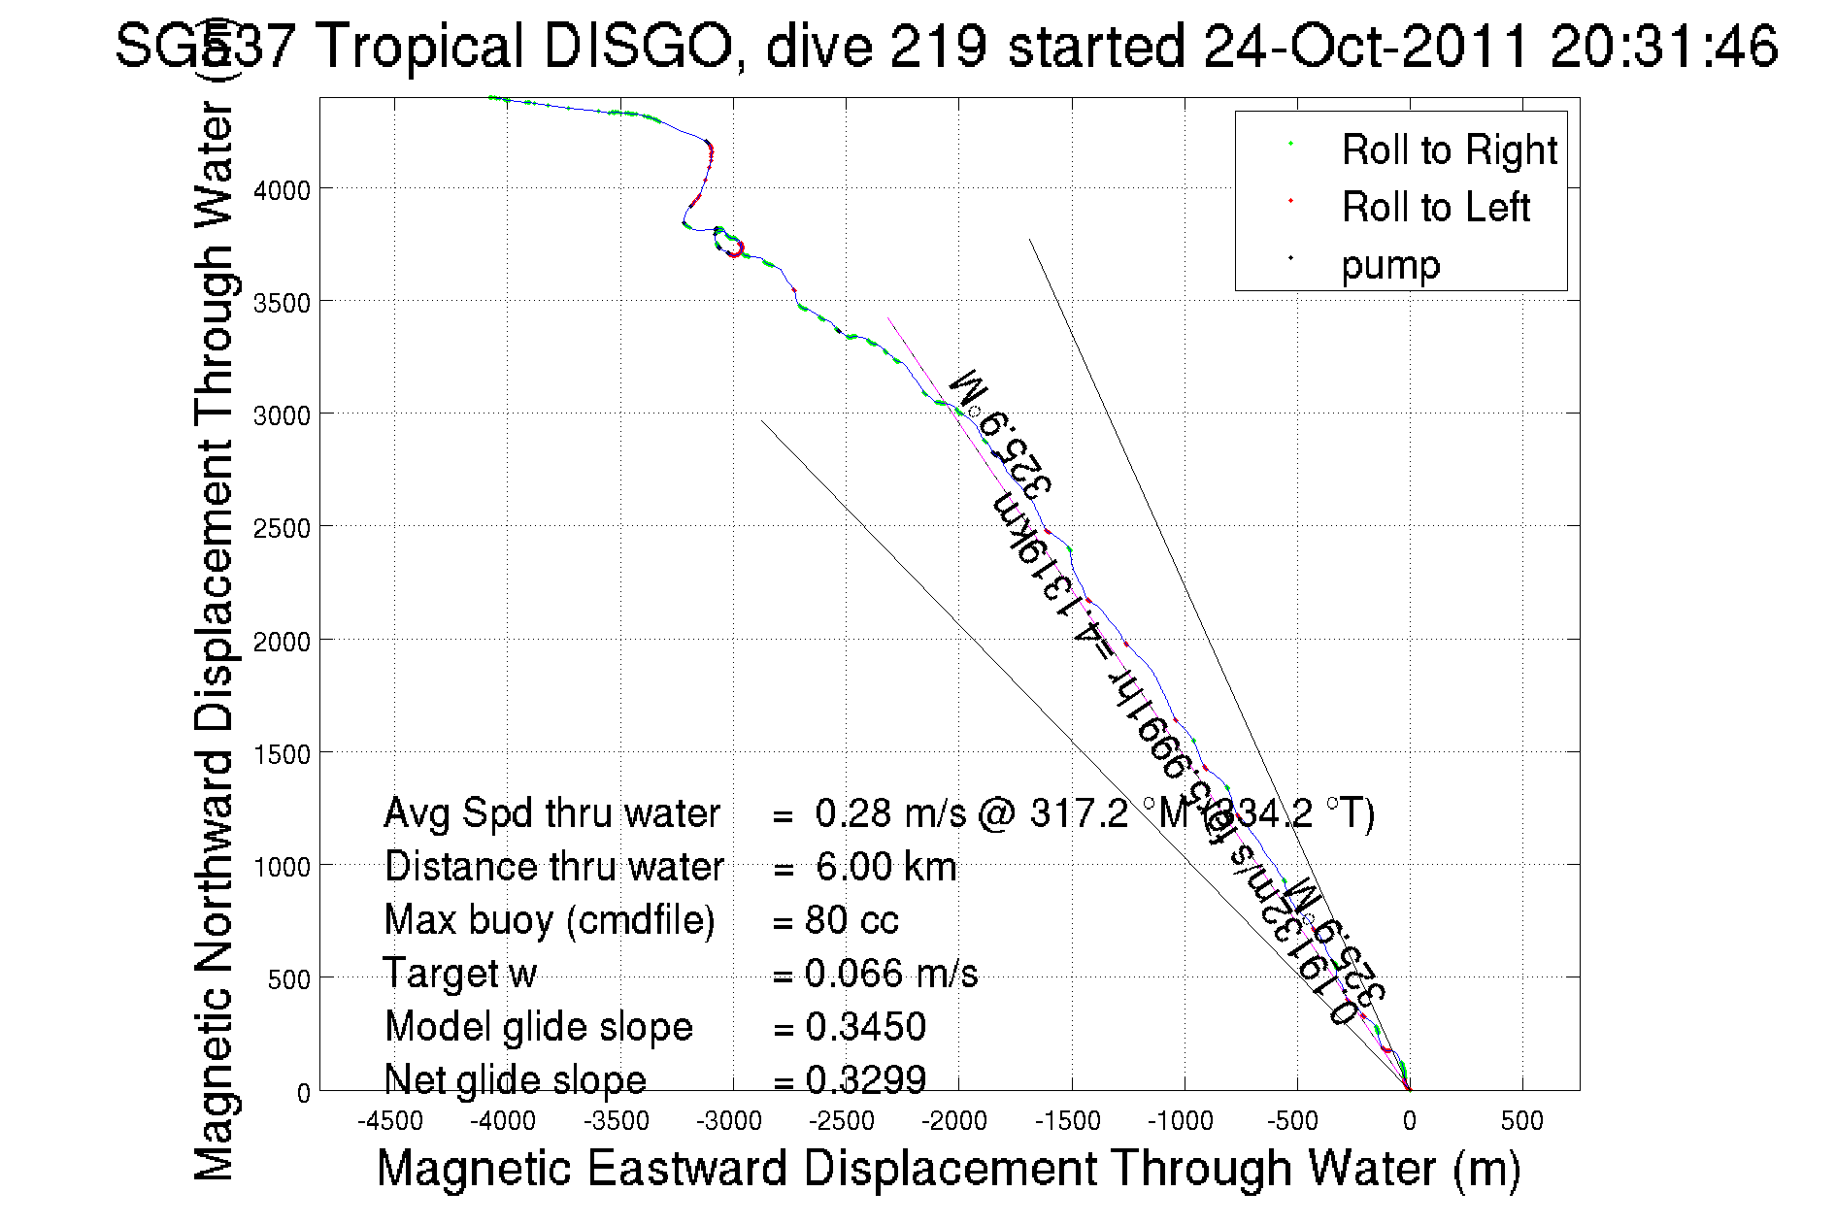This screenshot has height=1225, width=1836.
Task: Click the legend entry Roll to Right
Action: pos(1449,150)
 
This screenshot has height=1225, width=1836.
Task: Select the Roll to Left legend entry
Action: pos(1435,208)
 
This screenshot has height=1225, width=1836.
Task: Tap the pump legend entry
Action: pos(1390,265)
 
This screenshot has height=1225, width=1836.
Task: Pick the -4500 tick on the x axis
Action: pos(390,1122)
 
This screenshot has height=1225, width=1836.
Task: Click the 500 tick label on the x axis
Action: pos(1521,1122)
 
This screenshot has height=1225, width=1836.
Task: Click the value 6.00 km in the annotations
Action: pos(885,867)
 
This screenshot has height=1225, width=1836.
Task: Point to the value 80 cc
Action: pos(851,920)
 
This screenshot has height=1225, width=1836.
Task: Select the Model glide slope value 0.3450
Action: pos(865,1027)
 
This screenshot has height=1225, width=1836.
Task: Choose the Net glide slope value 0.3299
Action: pos(865,1079)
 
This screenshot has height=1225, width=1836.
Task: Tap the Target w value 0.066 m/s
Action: pos(890,974)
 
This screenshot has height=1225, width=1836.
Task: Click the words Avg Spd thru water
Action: pos(551,813)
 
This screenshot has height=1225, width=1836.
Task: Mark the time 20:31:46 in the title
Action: pos(1663,47)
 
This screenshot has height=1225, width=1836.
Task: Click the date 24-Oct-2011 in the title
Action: pos(1364,47)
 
